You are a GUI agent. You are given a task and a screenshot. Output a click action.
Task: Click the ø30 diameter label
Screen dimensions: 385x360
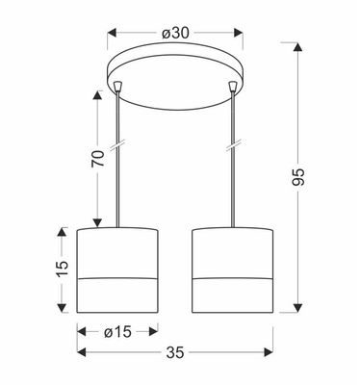point(174,33)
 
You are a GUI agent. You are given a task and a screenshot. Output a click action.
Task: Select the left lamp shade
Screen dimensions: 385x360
point(116,272)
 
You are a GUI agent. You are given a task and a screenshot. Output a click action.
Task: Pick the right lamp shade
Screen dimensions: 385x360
point(232,272)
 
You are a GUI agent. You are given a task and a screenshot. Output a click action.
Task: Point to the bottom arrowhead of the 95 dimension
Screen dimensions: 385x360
point(301,312)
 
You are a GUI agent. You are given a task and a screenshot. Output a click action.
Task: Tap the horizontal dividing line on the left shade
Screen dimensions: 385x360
point(116,276)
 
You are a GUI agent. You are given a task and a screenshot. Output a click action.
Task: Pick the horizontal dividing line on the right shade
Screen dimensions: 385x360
point(232,276)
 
